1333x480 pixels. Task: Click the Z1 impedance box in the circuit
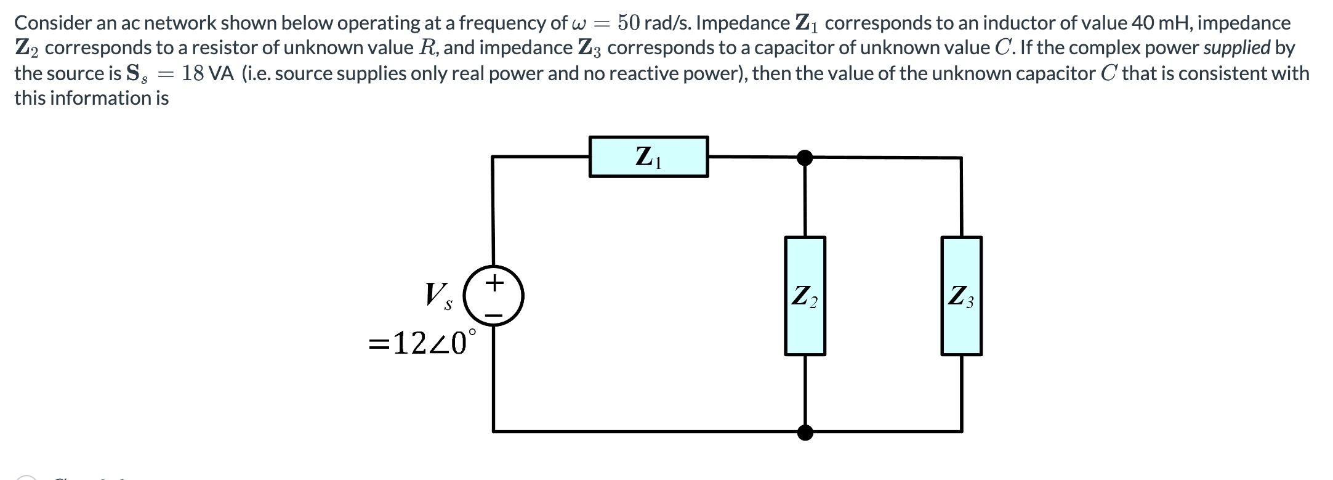tap(648, 157)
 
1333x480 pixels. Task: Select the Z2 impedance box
tap(805, 296)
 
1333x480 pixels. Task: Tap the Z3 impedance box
tap(961, 296)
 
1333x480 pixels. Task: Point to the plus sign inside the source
tap(494, 283)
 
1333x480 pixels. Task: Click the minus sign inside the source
tap(494, 315)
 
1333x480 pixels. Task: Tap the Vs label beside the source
tap(438, 296)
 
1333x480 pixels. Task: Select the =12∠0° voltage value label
tap(422, 343)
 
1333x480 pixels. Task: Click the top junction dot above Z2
tap(805, 158)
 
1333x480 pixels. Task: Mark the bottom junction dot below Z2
tap(805, 432)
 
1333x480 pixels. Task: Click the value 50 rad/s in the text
tap(653, 23)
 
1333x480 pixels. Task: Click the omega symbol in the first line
tap(578, 25)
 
